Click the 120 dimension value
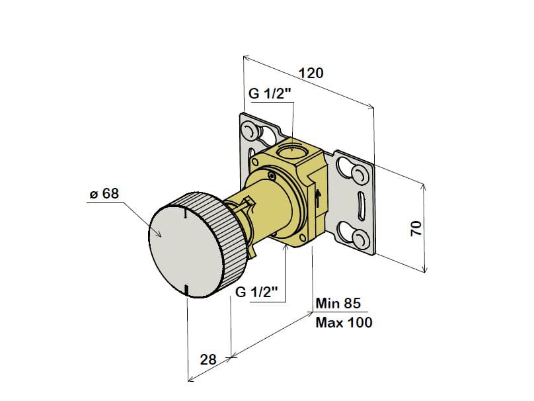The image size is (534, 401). pos(311,73)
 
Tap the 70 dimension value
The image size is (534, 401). pos(416,228)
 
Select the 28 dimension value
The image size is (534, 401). pos(208,359)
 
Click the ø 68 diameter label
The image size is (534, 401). pos(104,194)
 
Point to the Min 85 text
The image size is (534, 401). pos(338,303)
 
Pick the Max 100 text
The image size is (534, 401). pos(344,322)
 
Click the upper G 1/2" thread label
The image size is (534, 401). pos(270,93)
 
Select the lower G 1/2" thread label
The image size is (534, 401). pos(257,292)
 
